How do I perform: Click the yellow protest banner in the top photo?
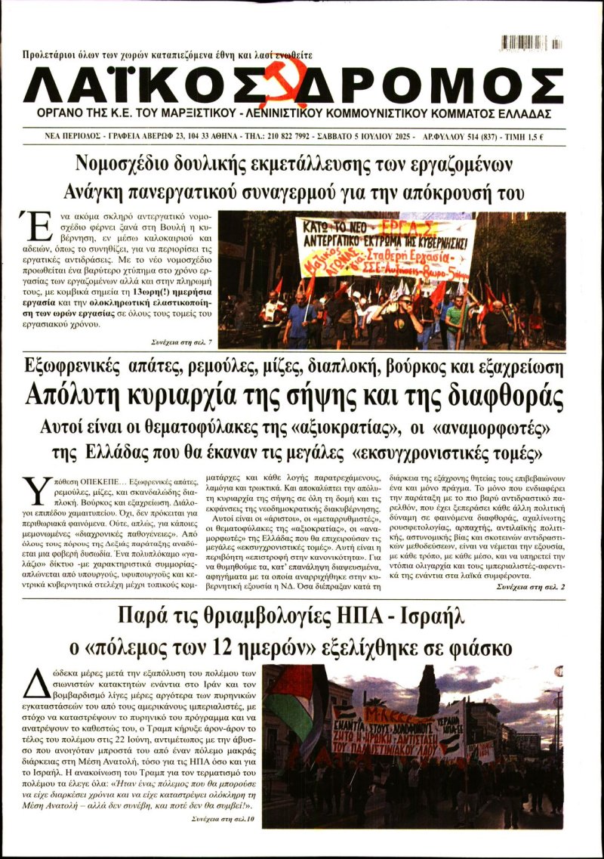click(x=385, y=248)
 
